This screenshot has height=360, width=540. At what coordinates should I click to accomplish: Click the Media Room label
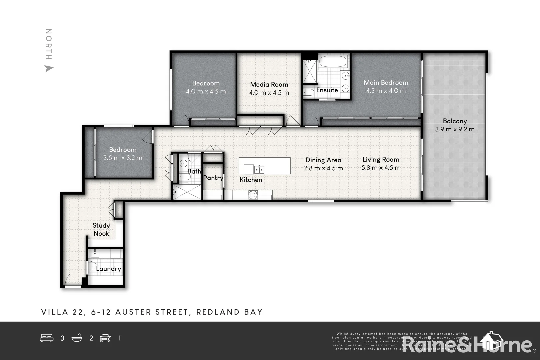(269, 84)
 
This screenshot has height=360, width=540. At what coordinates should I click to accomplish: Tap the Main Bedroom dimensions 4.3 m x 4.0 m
(386, 91)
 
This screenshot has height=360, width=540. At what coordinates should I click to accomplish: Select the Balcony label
(455, 121)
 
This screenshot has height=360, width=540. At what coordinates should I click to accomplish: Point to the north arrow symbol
(49, 69)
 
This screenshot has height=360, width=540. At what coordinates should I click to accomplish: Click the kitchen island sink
(259, 169)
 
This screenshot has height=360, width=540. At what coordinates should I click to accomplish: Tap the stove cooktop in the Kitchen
(253, 195)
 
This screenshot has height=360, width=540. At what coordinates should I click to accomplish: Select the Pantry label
(213, 178)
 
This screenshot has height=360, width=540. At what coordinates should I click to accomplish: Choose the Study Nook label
(101, 229)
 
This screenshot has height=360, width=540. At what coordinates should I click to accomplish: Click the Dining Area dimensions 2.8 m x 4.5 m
(323, 168)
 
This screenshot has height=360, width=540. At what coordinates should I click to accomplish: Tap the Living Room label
(381, 159)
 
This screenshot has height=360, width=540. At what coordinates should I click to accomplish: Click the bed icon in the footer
(47, 338)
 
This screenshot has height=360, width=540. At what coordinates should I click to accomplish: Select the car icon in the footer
(105, 338)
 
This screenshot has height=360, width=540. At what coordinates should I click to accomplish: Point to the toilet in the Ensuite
(308, 92)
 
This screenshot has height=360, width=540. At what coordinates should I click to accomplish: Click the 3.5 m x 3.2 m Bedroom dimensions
(123, 158)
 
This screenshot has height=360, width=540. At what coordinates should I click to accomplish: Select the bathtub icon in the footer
(77, 338)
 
